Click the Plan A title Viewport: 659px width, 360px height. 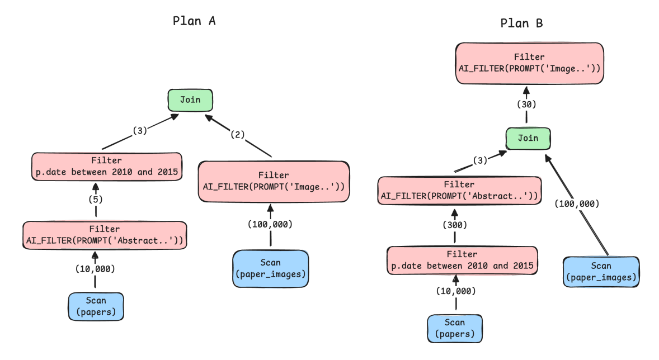pyautogui.click(x=194, y=21)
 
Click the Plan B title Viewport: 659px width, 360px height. pyautogui.click(x=521, y=23)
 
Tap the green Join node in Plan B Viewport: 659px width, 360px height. pyautogui.click(x=528, y=139)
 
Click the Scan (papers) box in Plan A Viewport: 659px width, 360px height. pyautogui.click(x=96, y=306)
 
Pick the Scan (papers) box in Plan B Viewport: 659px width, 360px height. pyautogui.click(x=454, y=328)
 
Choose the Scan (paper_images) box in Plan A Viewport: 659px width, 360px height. pyautogui.click(x=270, y=268)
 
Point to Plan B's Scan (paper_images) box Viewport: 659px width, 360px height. pyautogui.click(x=600, y=272)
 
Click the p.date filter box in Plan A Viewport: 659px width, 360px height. pyautogui.click(x=106, y=166)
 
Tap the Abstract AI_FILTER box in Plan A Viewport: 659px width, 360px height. pyautogui.click(x=105, y=235)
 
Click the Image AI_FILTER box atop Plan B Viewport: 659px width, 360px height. pyautogui.click(x=529, y=63)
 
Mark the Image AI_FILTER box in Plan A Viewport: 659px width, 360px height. pyautogui.click(x=274, y=181)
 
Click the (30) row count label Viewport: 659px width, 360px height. pyautogui.click(x=526, y=104)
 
